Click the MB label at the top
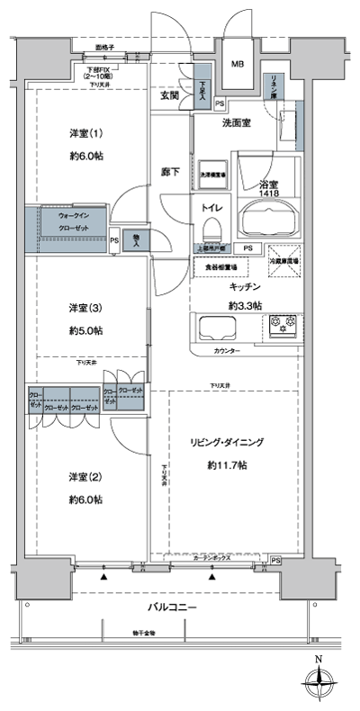click(238, 64)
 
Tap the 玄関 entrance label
click(170, 94)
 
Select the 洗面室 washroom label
click(237, 125)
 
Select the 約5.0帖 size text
click(85, 330)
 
